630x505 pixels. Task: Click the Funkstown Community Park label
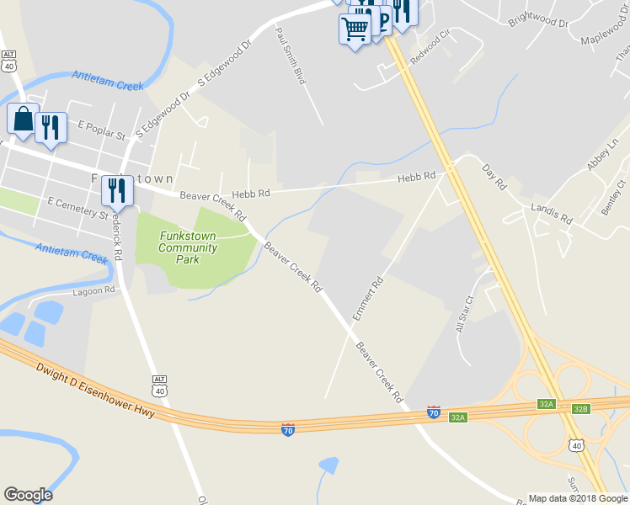click(188, 248)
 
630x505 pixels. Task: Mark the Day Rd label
click(494, 178)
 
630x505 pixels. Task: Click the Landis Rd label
click(552, 213)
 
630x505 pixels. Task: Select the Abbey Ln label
click(603, 154)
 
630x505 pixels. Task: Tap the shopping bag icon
click(23, 120)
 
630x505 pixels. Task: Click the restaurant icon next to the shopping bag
click(52, 128)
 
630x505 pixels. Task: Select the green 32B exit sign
click(580, 409)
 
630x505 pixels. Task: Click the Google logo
click(28, 495)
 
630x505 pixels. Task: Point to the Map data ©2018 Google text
click(577, 498)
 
